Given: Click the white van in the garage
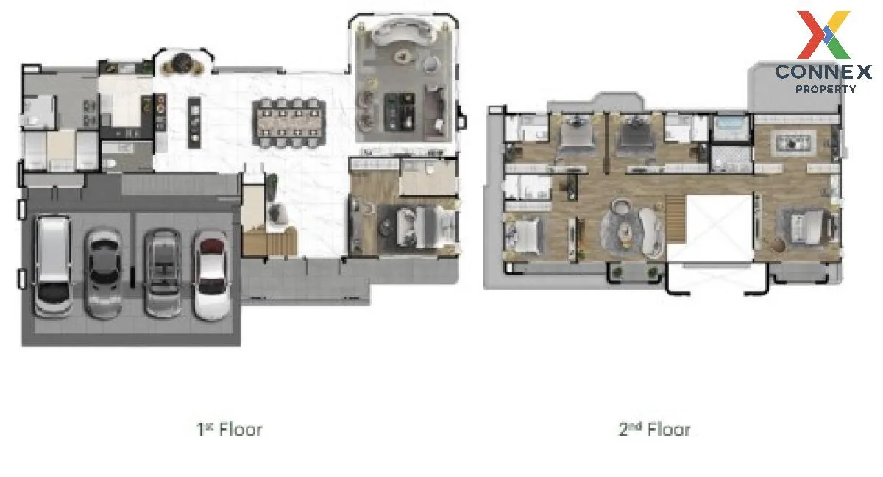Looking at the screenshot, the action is click(53, 267).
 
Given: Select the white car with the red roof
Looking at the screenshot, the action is click(212, 275).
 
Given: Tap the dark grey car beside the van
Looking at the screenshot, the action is click(104, 274).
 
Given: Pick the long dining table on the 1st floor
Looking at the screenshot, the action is click(290, 123).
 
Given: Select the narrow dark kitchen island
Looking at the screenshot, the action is click(194, 123).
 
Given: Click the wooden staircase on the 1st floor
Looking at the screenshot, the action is click(269, 241).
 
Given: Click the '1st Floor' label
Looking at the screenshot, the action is click(230, 429).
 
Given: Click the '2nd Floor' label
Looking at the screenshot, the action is click(654, 429).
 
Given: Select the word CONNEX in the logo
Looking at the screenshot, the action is click(823, 72).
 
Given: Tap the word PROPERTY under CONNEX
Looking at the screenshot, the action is click(826, 89).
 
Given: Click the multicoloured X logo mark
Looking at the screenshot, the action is click(823, 35).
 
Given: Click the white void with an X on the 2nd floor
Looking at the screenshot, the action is click(720, 227).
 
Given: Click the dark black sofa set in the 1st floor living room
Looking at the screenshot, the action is click(400, 112).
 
